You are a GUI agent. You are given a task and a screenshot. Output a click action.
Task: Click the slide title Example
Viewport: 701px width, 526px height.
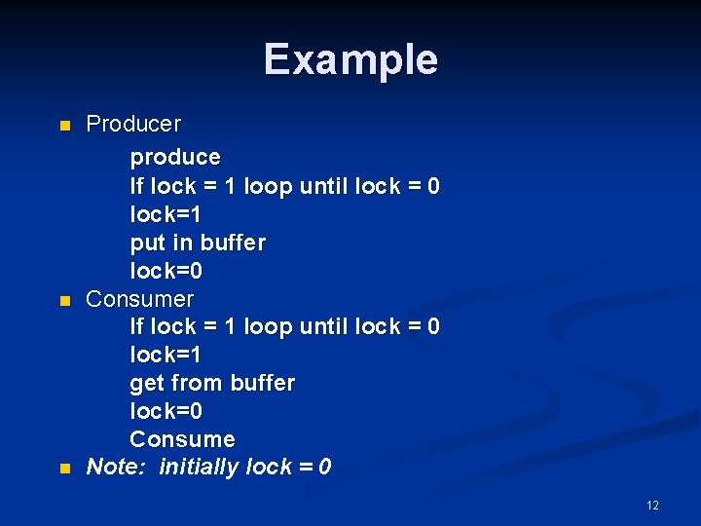click(350, 59)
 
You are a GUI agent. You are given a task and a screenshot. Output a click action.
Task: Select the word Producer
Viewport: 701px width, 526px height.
click(133, 125)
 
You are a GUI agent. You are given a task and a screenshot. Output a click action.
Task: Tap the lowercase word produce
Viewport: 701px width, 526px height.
click(175, 157)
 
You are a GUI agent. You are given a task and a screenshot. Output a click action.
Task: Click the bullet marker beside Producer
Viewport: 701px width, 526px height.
click(65, 126)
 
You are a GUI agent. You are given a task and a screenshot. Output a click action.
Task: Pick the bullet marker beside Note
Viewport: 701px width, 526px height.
click(65, 469)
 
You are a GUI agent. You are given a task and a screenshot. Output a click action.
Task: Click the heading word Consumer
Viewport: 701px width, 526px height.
click(140, 299)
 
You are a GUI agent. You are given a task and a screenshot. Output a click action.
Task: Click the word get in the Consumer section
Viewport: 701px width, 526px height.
click(147, 384)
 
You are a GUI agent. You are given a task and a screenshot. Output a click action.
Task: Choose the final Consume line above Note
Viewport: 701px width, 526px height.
click(182, 439)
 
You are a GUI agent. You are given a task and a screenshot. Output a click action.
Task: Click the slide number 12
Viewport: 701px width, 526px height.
click(651, 505)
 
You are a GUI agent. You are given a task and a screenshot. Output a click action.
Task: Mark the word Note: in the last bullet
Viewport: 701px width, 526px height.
click(116, 468)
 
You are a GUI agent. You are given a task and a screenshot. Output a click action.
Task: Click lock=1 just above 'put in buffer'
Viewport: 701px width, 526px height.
click(166, 213)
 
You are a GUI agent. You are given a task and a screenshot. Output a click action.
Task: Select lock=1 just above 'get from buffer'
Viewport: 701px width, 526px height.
click(166, 355)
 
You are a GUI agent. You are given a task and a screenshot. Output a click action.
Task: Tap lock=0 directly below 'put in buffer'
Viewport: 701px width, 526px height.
click(166, 270)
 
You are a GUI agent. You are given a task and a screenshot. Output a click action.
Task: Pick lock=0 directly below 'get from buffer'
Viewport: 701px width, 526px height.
click(166, 411)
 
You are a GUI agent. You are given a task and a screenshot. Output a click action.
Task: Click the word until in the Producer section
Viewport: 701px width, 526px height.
click(323, 186)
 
